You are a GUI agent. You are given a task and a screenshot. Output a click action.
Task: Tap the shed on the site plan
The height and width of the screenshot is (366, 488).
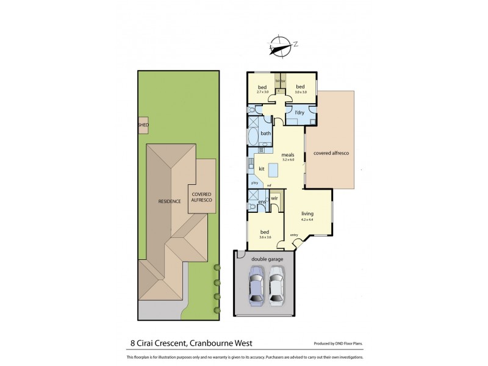(x=143, y=125)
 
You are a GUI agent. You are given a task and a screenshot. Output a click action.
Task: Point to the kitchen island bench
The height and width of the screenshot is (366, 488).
(x=273, y=170)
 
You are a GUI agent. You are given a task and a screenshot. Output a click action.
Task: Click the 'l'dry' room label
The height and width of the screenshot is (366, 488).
(x=300, y=113)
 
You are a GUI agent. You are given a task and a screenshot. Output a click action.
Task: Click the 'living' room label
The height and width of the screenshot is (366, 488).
(x=307, y=213)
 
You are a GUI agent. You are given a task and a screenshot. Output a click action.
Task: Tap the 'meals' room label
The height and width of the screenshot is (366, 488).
(x=288, y=155)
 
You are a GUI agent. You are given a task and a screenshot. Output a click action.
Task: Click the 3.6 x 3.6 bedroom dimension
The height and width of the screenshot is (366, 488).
(x=265, y=237)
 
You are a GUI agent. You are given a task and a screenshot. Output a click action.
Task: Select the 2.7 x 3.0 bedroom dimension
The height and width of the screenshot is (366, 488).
(x=262, y=92)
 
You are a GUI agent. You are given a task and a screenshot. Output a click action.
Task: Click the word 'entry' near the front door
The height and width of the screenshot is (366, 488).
(x=294, y=235)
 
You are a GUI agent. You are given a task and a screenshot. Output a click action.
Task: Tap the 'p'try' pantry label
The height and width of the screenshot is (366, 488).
(x=254, y=183)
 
